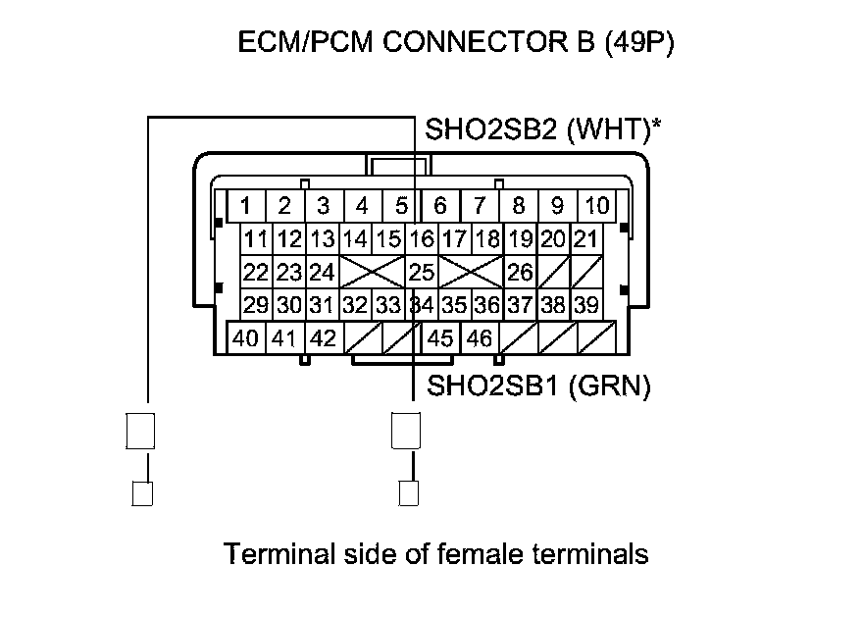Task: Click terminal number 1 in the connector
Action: click(245, 206)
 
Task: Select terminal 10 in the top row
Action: click(596, 206)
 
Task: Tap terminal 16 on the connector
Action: click(422, 238)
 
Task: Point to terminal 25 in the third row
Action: click(422, 271)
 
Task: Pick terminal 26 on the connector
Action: click(520, 271)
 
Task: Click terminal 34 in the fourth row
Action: click(422, 305)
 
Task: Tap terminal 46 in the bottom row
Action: click(480, 338)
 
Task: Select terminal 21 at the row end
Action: click(585, 238)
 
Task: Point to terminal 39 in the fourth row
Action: click(585, 305)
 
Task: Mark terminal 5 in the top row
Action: click(401, 206)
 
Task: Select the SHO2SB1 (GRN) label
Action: click(538, 386)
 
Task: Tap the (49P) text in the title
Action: click(639, 44)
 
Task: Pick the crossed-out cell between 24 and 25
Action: click(372, 271)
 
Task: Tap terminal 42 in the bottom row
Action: click(323, 338)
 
